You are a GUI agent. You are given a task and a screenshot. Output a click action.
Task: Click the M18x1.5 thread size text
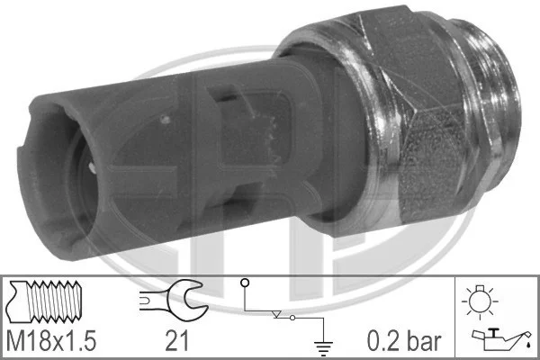coord(51,341)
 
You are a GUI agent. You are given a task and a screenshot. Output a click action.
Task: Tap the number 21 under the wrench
coord(177,341)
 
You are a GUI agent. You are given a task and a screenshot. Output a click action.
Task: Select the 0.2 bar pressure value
coord(404,341)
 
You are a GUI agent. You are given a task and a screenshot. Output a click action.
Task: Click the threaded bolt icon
coord(44,302)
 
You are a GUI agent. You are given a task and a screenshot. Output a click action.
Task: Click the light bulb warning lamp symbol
coord(480,301)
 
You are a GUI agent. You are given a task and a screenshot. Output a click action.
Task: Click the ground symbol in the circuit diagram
coord(323,348)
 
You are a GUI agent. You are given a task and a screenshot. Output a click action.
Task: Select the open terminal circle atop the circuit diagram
coord(245,283)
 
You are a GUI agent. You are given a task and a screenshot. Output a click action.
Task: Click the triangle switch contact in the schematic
coord(276,314)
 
